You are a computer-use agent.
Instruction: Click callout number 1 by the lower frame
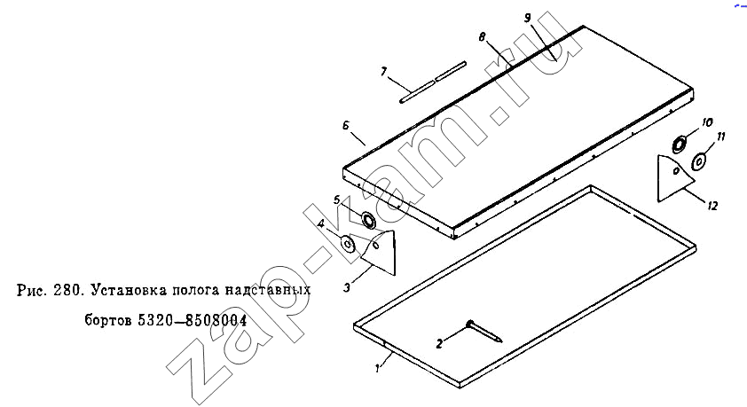(377, 369)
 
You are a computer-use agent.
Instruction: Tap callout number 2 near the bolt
(440, 343)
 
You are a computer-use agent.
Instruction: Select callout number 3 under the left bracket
(347, 287)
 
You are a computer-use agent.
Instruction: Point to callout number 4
(321, 223)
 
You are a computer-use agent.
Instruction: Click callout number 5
(337, 200)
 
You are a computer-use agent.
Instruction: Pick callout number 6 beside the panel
(346, 126)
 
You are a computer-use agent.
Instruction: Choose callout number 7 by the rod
(383, 72)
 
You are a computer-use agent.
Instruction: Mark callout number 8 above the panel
(482, 36)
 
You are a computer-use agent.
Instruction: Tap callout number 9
(527, 18)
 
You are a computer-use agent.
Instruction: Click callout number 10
(707, 122)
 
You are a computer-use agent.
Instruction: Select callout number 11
(720, 137)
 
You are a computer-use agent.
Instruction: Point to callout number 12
(712, 206)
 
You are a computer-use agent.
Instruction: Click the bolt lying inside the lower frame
(484, 332)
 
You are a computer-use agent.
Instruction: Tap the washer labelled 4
(347, 244)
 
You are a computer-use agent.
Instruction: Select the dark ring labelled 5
(368, 220)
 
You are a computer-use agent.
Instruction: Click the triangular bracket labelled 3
(382, 253)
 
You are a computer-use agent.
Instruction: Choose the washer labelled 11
(698, 161)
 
